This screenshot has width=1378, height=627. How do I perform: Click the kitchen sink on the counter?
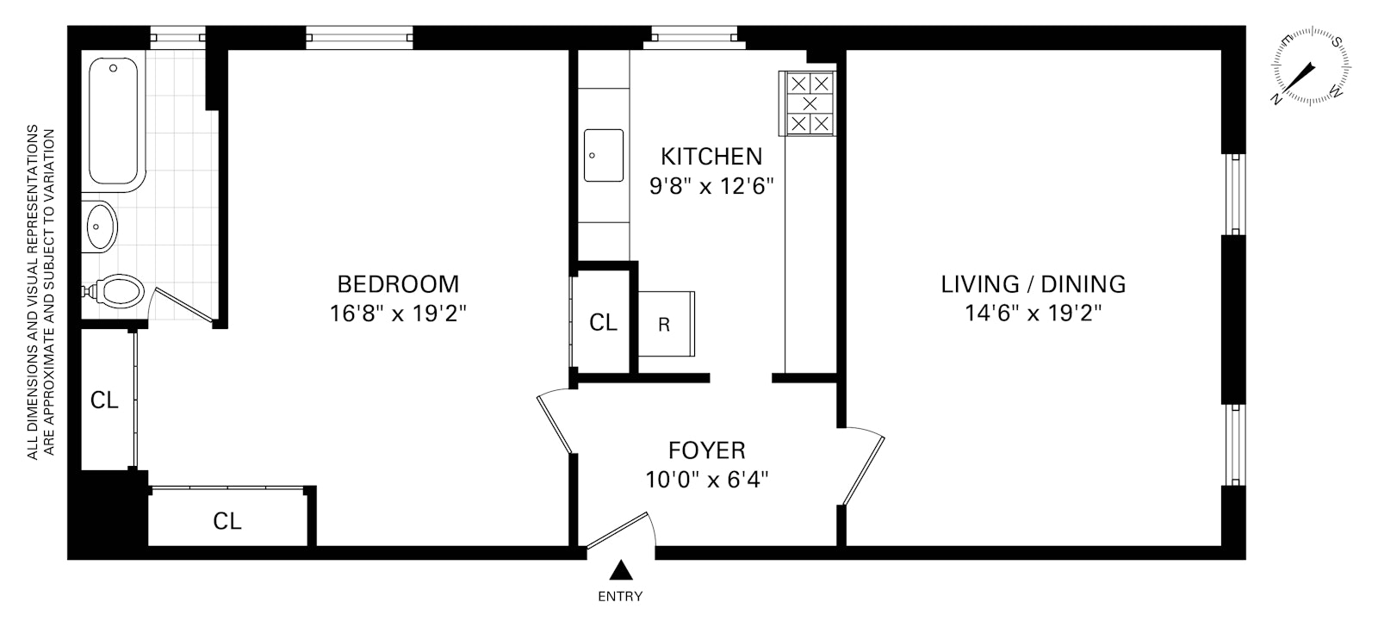click(x=604, y=155)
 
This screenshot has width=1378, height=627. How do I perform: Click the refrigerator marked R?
click(x=667, y=324)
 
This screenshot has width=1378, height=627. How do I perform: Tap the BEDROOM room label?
click(x=398, y=284)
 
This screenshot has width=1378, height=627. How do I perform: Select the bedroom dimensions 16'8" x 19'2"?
click(x=398, y=313)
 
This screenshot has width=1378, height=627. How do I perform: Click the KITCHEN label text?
click(x=711, y=157)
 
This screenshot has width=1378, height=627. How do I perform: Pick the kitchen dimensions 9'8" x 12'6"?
click(x=711, y=186)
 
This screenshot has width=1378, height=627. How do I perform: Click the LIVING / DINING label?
click(x=1033, y=284)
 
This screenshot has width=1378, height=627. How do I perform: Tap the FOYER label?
click(x=707, y=450)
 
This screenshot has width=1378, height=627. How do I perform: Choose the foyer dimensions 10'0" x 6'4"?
click(x=707, y=480)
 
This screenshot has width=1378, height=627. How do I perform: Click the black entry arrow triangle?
click(x=621, y=571)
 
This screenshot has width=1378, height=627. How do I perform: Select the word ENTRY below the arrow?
click(x=620, y=596)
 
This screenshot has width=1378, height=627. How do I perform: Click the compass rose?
click(x=1311, y=65)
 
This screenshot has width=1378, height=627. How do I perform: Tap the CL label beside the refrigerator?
click(x=603, y=322)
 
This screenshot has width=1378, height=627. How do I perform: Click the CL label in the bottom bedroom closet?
click(x=227, y=521)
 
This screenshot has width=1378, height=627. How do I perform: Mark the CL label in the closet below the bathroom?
click(x=104, y=400)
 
